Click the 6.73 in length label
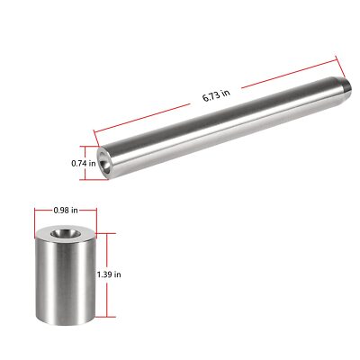click(x=217, y=95)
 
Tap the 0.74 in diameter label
click(x=84, y=164)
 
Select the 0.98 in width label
click(x=66, y=211)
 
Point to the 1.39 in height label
click(x=109, y=274)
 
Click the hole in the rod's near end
click(x=105, y=162)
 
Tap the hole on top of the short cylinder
click(x=62, y=232)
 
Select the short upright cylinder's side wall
click(x=66, y=282)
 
